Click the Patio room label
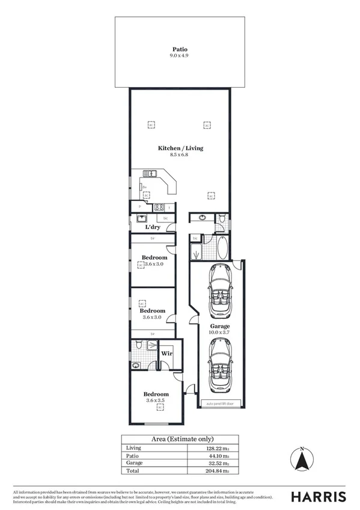180,49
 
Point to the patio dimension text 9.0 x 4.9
180,56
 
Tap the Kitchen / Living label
180,148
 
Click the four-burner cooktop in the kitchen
160,208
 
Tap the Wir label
166,354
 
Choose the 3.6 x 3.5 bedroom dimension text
155,400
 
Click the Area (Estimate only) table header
180,439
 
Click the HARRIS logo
319,497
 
